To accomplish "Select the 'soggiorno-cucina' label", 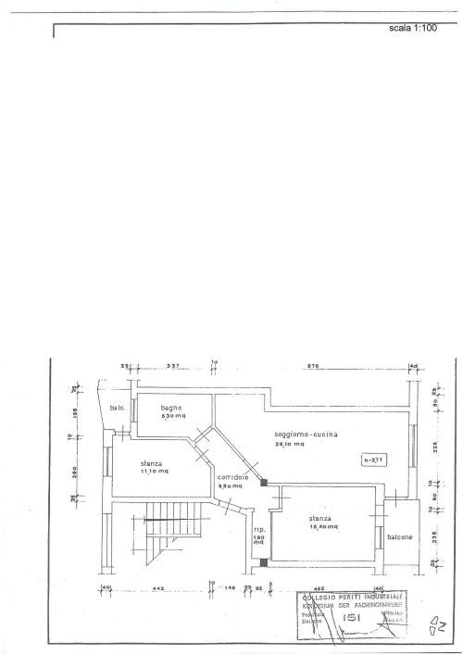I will coord(306,435).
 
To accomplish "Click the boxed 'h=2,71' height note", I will coord(374,459).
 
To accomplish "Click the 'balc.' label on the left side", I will coord(117,409).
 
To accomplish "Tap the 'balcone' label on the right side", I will coord(400,536).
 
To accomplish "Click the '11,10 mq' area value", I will coord(154,472).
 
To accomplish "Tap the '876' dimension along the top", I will coord(313,366).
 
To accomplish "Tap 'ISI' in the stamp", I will coord(350,615).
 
